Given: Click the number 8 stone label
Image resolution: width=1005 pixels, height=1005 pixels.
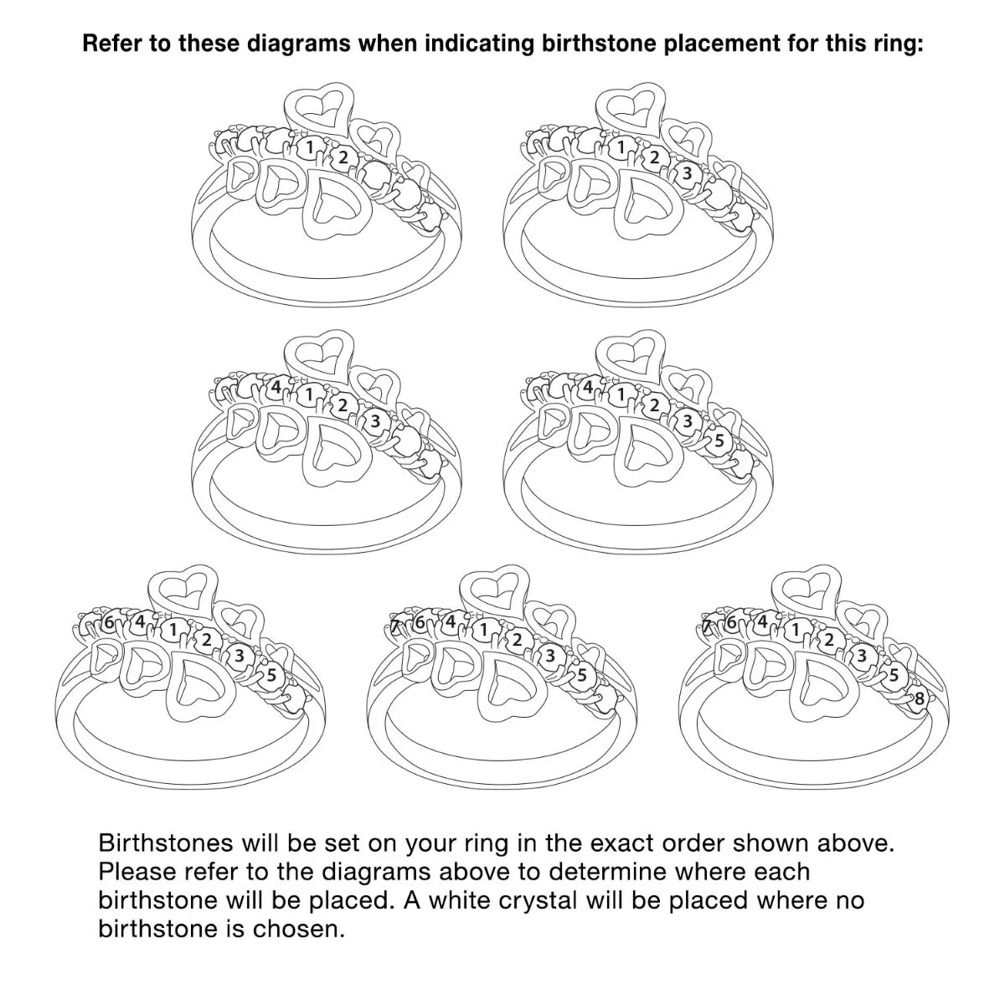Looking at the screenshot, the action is [x=919, y=698].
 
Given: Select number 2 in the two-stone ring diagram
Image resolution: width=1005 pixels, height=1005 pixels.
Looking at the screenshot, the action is [x=343, y=157].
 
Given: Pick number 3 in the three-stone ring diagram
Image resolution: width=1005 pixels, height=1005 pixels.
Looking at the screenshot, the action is [x=687, y=173].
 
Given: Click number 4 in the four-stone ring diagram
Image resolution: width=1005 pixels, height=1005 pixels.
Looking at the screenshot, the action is [x=276, y=386].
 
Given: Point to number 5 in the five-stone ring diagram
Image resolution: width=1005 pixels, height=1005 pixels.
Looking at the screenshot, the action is [x=719, y=441].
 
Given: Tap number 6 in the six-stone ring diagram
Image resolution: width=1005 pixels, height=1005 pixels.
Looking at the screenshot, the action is [x=109, y=622].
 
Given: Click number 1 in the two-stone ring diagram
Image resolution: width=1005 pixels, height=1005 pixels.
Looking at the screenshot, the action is [x=309, y=147].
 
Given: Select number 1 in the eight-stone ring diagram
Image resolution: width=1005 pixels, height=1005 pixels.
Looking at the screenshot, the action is [x=795, y=630].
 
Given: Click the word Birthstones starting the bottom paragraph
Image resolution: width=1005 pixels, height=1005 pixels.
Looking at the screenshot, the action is [x=165, y=843].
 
